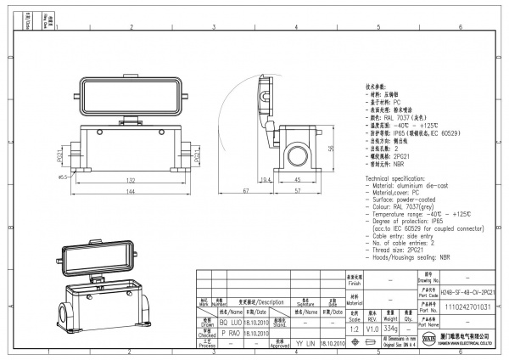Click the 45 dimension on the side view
tap(297, 180)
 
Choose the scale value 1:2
tap(352, 328)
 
